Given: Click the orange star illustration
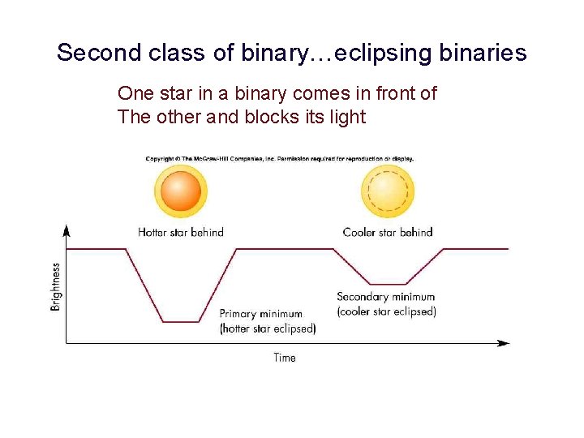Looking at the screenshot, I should coord(180,191).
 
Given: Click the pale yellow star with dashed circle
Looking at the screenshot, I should coord(388,191).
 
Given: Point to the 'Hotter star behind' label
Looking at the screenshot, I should coord(181,232).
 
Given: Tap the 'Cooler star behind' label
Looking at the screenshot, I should coord(388,232).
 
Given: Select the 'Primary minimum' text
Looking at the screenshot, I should coord(260,314).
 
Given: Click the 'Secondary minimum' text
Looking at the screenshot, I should coord(385,297).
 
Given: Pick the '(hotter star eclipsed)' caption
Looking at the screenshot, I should coord(268,328).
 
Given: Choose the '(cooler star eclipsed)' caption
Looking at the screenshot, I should coord(386,311).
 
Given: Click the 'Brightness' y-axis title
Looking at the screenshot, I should coord(56,286).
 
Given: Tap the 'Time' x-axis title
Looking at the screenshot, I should coord(285,358).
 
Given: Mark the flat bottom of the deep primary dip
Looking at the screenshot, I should coord(181,322).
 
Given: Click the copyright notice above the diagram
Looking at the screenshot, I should coord(280,158).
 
